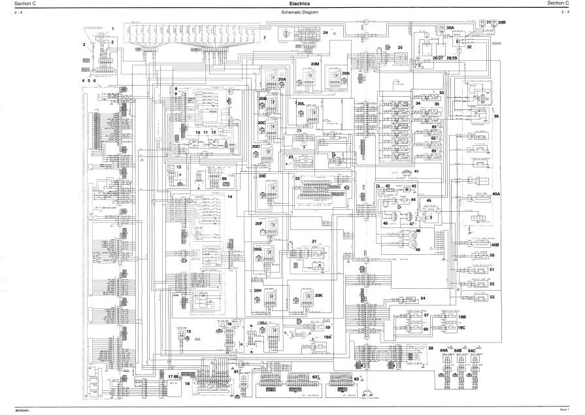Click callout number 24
click(x=325, y=31)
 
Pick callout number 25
click(x=400, y=48)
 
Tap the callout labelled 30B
click(x=502, y=23)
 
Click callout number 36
click(x=497, y=116)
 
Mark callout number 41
click(x=416, y=171)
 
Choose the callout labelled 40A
click(x=496, y=194)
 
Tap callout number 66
click(x=224, y=178)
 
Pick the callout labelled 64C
click(x=472, y=351)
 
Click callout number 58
click(x=431, y=348)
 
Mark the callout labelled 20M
click(x=314, y=63)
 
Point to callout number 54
click(x=423, y=299)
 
